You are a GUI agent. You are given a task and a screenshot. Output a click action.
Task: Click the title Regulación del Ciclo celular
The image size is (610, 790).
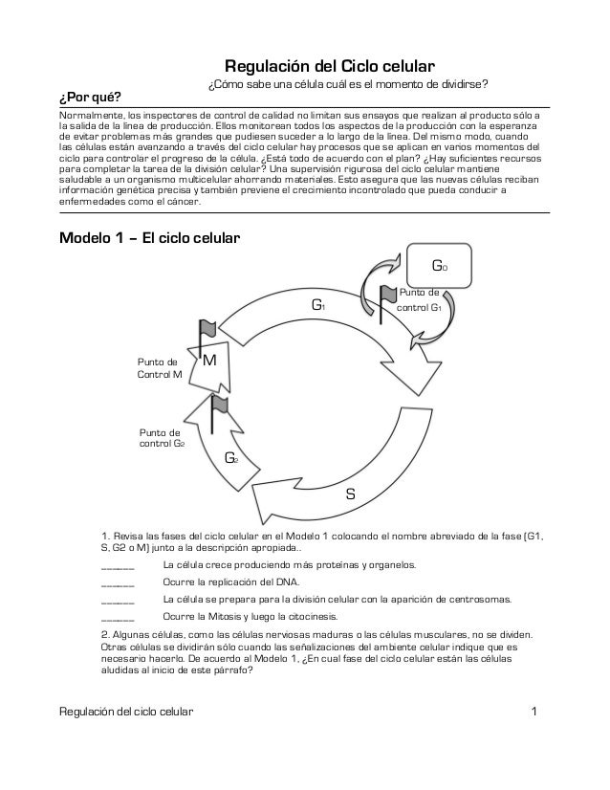pyautogui.click(x=330, y=68)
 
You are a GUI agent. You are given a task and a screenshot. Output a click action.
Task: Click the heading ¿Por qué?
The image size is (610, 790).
pyautogui.click(x=90, y=99)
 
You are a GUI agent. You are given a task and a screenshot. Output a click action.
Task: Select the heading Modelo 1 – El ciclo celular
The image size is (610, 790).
pyautogui.click(x=149, y=238)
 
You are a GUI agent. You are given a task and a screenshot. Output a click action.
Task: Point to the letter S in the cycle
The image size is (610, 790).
pyautogui.click(x=350, y=494)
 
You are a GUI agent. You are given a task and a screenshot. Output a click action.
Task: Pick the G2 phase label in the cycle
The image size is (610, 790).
pyautogui.click(x=230, y=458)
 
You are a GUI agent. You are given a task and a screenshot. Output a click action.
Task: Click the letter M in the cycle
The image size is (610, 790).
pyautogui.click(x=210, y=361)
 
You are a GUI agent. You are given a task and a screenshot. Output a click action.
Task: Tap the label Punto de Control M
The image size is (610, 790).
pyautogui.click(x=160, y=369)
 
